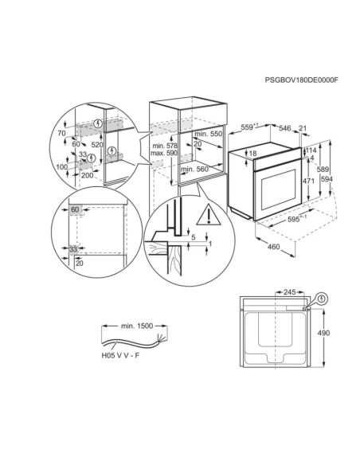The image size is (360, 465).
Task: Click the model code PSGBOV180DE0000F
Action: [x=302, y=80]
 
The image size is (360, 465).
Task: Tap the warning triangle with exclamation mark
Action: [x=209, y=215]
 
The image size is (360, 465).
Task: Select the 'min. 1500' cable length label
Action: [x=137, y=326]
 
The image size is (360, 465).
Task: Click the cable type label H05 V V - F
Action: [x=120, y=355]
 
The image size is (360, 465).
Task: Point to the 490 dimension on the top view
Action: [x=323, y=333]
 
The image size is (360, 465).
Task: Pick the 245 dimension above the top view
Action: [x=289, y=292]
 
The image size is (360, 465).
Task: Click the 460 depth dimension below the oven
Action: [x=273, y=247]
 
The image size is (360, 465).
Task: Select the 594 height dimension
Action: [x=327, y=179]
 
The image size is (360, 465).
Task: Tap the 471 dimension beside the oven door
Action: [x=309, y=180]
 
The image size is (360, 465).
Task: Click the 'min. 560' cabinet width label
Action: [x=194, y=170]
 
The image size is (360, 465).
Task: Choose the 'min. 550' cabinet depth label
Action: [x=208, y=134]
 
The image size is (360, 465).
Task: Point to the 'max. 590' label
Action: [x=164, y=153]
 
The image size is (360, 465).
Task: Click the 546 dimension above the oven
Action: [x=285, y=128]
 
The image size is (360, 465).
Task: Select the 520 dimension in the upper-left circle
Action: [x=97, y=145]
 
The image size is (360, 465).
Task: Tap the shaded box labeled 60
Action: [x=75, y=209]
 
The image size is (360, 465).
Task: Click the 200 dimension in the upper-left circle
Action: [x=88, y=175]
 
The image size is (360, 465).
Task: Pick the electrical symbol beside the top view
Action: [x=322, y=299]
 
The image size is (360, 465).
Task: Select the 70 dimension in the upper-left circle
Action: [x=61, y=133]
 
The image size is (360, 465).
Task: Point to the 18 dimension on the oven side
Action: [x=252, y=154]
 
